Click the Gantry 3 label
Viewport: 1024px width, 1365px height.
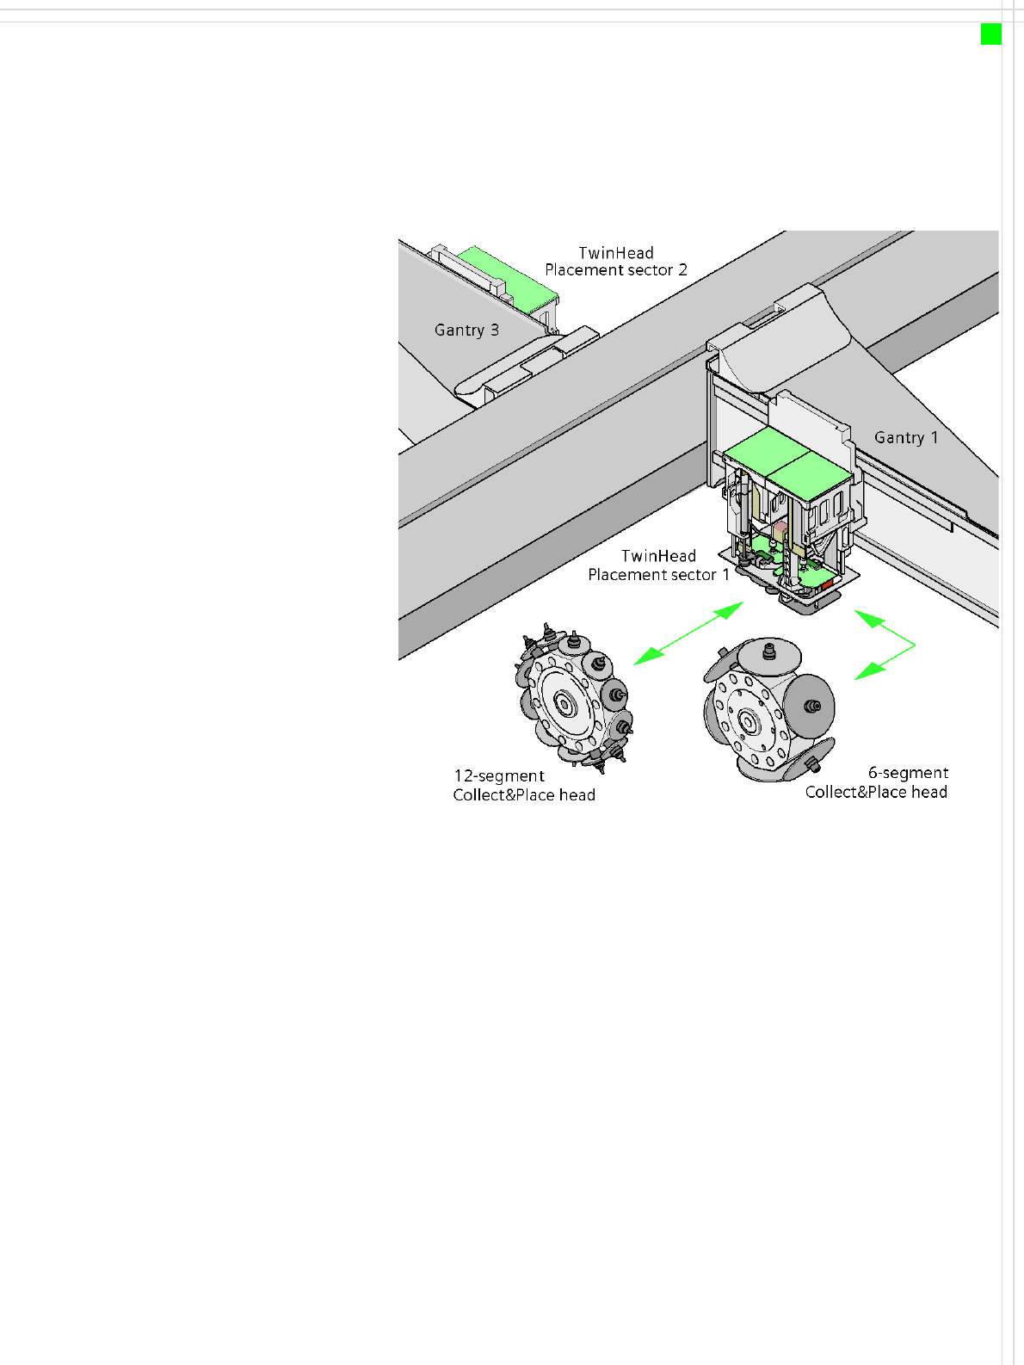[x=466, y=330]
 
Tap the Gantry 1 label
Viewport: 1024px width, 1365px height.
[x=906, y=437]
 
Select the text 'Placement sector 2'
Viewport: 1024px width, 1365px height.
[x=616, y=270]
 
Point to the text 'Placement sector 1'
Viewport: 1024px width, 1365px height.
[x=658, y=575]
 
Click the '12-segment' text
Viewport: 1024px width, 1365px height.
[x=499, y=776]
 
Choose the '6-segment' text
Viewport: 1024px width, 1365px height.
[x=909, y=773]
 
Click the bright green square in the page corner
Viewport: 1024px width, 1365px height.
[x=991, y=34]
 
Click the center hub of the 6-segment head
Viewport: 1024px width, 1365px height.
[x=748, y=721]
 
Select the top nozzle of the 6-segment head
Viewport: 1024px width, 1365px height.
[x=769, y=652]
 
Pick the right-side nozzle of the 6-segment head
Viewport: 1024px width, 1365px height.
[x=812, y=706]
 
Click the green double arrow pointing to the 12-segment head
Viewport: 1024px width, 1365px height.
[x=688, y=633]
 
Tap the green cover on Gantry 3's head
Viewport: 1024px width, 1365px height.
[x=508, y=278]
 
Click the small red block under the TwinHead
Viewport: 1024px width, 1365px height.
[x=827, y=584]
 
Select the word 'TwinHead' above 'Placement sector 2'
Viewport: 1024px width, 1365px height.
[x=616, y=253]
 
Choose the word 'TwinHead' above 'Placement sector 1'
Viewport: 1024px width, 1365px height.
[x=658, y=556]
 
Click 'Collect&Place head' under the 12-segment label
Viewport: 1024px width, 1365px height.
[x=524, y=794]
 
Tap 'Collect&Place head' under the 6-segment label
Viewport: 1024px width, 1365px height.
[x=876, y=793]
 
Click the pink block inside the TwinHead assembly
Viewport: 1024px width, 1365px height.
[x=780, y=530]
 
